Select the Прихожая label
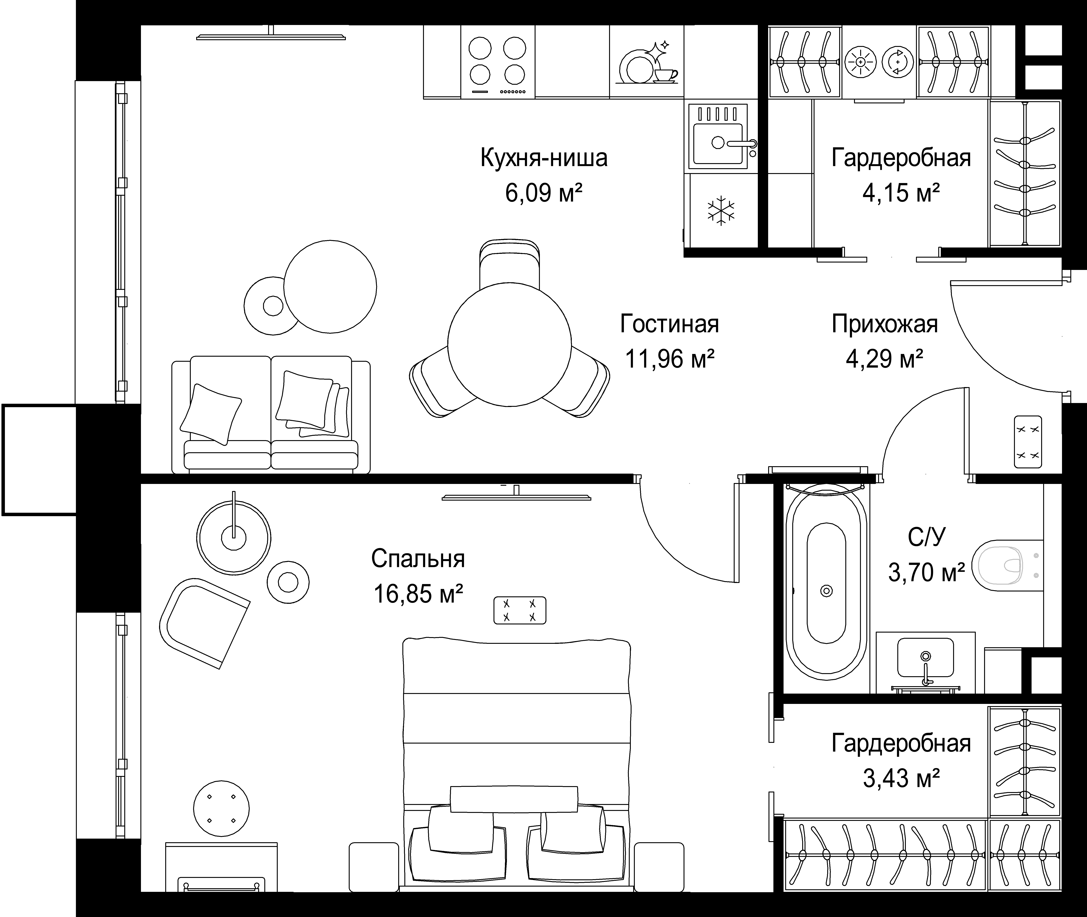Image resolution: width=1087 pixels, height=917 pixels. point(885,324)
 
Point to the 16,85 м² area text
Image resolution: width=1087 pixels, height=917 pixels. point(418,594)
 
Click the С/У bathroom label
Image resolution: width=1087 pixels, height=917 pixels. point(926,538)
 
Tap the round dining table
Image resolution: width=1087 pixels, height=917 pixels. point(509,345)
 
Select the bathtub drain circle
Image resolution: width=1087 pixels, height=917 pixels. point(826,591)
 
